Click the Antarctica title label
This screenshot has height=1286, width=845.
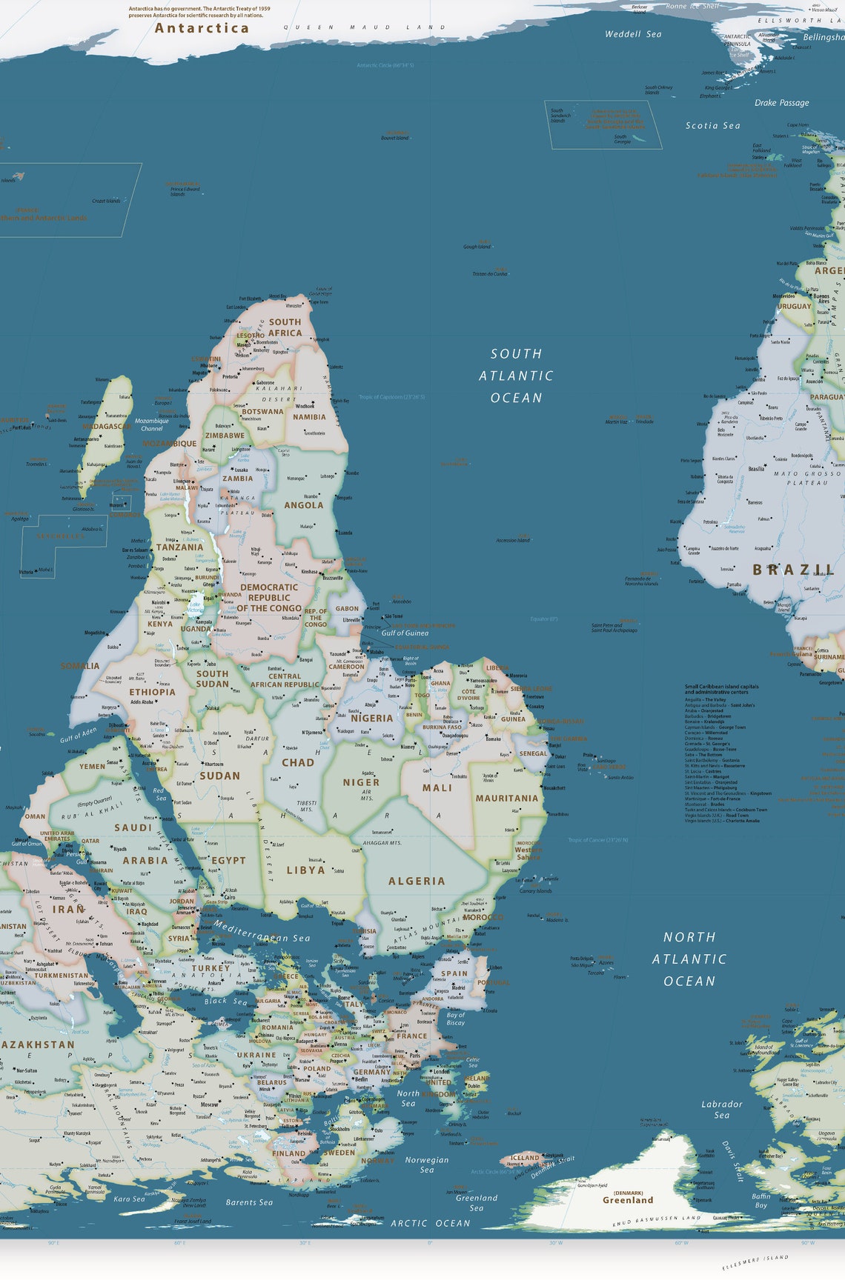tap(202, 28)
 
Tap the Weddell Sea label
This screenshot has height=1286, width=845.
tap(633, 34)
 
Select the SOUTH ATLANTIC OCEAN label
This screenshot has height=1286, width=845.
tap(516, 376)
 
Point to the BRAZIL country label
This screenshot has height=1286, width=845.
tap(793, 570)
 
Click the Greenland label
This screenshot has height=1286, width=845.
tap(628, 1200)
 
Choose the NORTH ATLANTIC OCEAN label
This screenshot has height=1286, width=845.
tap(689, 959)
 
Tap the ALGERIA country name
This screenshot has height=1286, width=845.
tap(417, 882)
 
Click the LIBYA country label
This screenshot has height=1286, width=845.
tap(306, 870)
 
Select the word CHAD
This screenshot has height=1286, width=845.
tap(298, 762)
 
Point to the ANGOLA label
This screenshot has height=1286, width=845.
tap(304, 505)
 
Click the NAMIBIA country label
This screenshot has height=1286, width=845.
tap(309, 417)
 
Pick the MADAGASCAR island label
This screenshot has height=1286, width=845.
tap(107, 427)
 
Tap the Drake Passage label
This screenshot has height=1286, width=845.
tap(782, 103)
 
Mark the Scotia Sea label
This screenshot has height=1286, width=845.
tap(712, 126)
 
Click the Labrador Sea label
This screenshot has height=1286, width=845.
tap(722, 1109)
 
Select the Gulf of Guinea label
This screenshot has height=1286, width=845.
tap(405, 633)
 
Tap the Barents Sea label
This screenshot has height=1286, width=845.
tap(249, 1202)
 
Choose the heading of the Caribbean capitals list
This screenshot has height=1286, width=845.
tap(721, 689)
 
